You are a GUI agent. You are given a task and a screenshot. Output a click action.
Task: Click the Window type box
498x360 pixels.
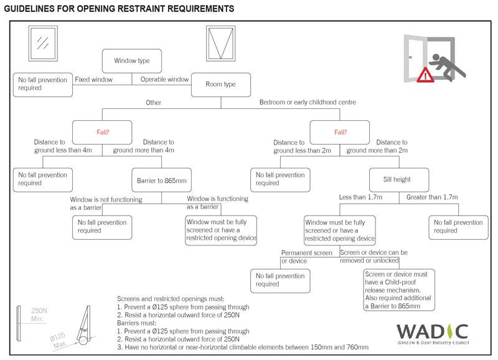132,61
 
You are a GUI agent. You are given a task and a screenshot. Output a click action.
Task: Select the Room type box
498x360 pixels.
221,84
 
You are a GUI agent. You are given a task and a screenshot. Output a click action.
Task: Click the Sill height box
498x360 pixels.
397,179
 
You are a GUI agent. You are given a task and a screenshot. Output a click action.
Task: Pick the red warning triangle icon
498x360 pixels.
426,76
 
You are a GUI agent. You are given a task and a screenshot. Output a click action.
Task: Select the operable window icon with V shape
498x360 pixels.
220,43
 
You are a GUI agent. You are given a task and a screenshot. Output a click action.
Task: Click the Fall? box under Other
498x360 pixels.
103,133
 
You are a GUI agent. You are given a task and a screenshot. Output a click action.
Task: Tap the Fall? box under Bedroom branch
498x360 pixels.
340,133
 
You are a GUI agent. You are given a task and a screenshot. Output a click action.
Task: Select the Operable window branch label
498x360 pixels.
164,79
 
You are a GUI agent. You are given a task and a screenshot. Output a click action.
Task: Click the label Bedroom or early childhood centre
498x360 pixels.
307,102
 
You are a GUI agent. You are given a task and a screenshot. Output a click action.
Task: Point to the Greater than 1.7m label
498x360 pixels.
432,197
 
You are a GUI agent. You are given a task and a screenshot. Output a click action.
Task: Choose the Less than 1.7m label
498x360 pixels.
361,197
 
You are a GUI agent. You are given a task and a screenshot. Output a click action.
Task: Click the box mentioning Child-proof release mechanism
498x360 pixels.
398,290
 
